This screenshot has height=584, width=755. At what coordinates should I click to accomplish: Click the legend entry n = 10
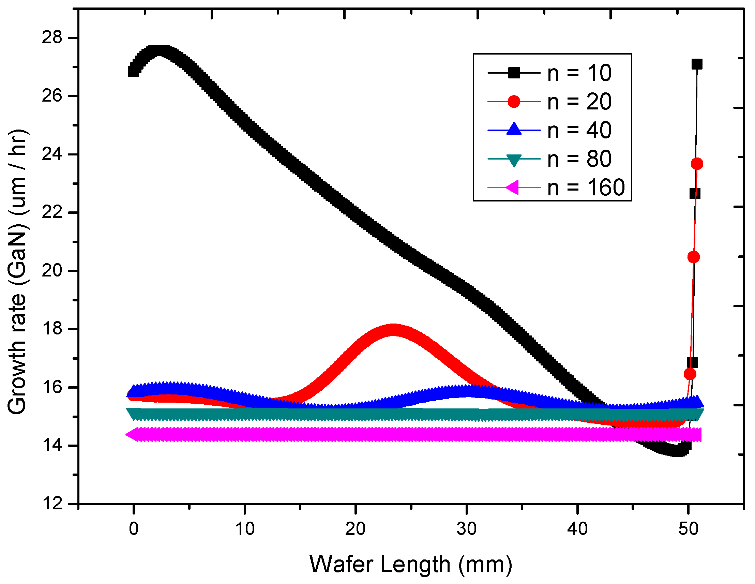click(x=579, y=73)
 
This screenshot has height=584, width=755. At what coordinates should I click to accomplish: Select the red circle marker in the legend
click(x=514, y=102)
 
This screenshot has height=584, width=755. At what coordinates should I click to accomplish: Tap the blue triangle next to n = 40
click(x=514, y=130)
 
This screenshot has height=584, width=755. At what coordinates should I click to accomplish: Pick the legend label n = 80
click(x=579, y=159)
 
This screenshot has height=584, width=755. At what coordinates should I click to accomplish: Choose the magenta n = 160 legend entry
click(x=586, y=188)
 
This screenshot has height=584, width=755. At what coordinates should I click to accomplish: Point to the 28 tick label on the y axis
click(x=52, y=38)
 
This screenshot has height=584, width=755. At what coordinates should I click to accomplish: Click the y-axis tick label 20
click(x=52, y=270)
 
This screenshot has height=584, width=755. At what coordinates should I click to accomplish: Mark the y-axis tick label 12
click(x=52, y=504)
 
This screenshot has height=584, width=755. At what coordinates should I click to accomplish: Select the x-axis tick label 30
click(x=466, y=529)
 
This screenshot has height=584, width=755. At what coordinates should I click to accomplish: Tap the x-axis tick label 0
click(x=134, y=529)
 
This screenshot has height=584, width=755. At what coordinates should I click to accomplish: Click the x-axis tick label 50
click(x=688, y=529)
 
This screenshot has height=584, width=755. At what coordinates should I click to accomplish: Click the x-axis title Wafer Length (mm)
click(x=411, y=564)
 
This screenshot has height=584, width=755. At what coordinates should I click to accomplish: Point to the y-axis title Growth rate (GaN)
click(x=17, y=271)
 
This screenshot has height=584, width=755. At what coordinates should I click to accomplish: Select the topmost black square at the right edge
click(x=697, y=64)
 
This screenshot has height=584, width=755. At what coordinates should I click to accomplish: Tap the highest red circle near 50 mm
click(x=697, y=164)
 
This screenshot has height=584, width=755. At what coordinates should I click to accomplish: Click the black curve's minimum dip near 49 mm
click(x=677, y=451)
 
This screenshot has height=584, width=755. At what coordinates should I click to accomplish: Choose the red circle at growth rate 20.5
click(x=693, y=257)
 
